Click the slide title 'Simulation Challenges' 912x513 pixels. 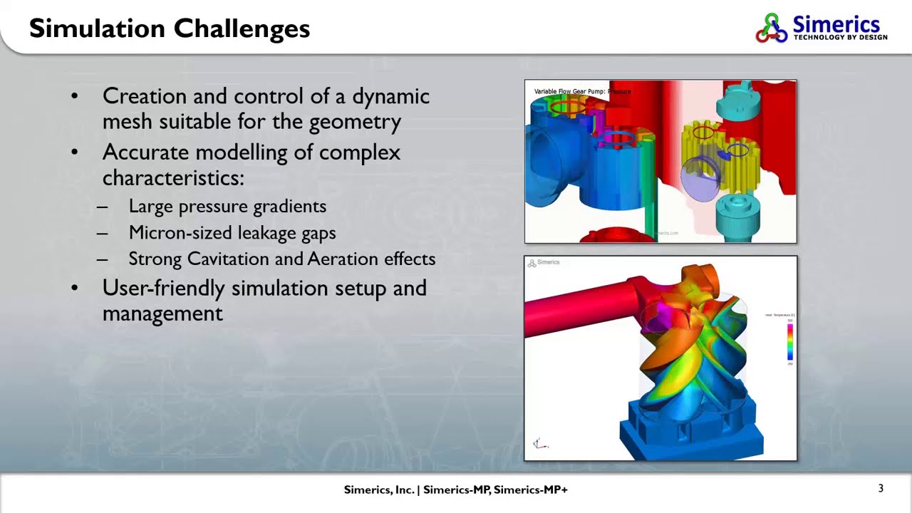[x=170, y=28]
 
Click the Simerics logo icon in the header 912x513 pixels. [x=772, y=28]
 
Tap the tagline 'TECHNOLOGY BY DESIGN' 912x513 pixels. [x=840, y=37]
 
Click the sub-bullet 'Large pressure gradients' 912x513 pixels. [x=227, y=207]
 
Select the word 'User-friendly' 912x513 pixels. [x=164, y=289]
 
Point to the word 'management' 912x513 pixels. [x=162, y=313]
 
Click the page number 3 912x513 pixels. [x=881, y=489]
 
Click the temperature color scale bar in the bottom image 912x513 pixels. [x=789, y=341]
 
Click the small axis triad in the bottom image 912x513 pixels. [x=540, y=444]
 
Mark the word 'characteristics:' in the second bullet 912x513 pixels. [x=173, y=178]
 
